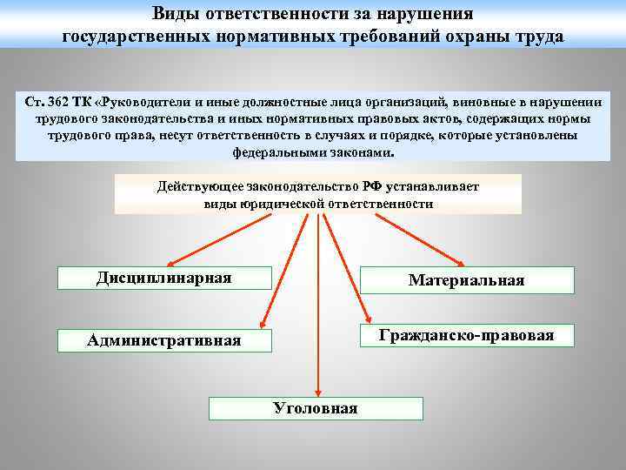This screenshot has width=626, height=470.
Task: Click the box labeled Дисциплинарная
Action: click(x=164, y=278)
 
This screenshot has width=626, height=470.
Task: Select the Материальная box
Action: click(x=467, y=280)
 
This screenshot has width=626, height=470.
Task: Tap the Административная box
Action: click(x=164, y=340)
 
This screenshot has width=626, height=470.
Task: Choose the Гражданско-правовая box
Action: click(x=467, y=336)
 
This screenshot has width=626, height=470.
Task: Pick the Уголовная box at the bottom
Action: click(x=316, y=408)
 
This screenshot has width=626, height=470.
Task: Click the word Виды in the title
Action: click(x=175, y=14)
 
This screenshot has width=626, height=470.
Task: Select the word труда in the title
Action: click(x=538, y=37)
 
